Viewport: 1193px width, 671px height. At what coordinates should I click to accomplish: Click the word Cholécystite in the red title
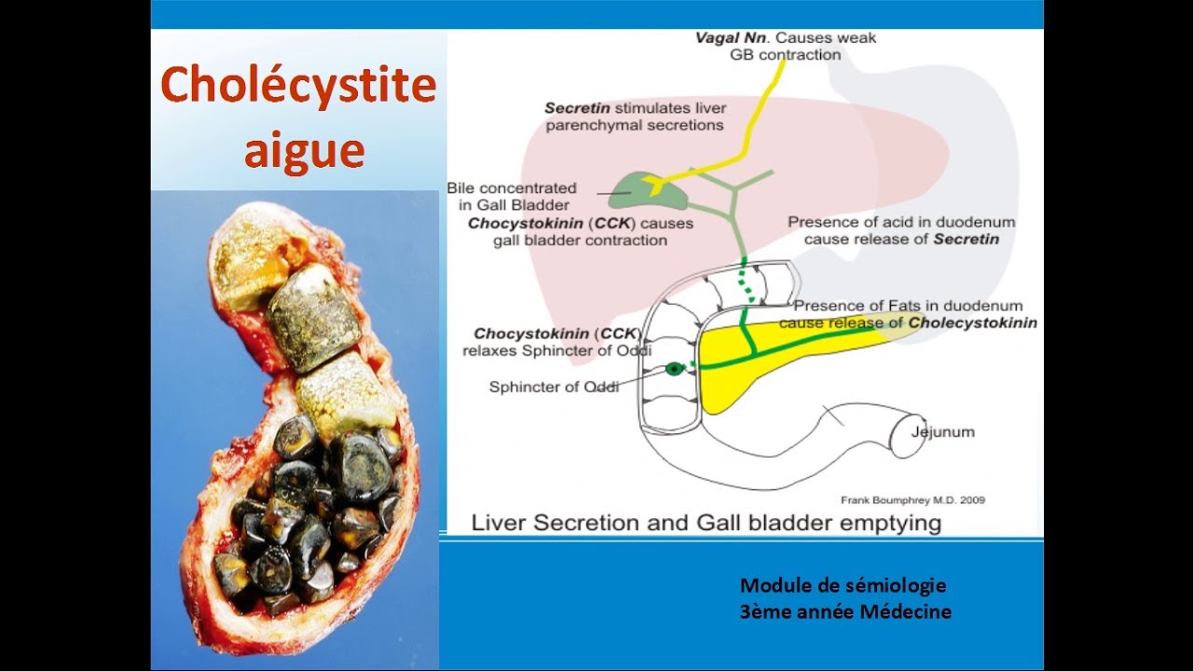click(x=298, y=87)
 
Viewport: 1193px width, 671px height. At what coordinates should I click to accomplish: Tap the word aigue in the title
click(x=304, y=149)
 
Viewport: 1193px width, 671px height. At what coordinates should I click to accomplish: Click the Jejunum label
click(x=943, y=431)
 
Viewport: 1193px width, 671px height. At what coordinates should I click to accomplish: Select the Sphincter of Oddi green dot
click(x=674, y=369)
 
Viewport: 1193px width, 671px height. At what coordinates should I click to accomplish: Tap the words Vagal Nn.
click(x=733, y=38)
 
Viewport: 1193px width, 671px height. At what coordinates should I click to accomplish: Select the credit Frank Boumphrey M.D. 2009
click(x=912, y=500)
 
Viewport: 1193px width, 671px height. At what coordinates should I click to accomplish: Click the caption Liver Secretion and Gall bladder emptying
click(x=706, y=522)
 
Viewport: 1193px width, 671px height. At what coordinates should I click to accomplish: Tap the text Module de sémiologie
click(x=843, y=585)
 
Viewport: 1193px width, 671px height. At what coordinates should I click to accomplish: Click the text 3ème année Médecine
click(x=845, y=612)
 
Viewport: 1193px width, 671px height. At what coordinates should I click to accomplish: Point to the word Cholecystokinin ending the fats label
click(x=973, y=322)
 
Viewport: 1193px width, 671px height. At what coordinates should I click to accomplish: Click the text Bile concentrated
click(x=512, y=188)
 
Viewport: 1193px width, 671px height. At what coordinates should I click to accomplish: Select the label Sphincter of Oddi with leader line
click(x=554, y=387)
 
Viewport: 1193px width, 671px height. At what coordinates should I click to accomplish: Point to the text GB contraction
click(x=785, y=55)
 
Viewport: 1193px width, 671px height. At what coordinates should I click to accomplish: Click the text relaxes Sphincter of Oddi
click(x=555, y=350)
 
